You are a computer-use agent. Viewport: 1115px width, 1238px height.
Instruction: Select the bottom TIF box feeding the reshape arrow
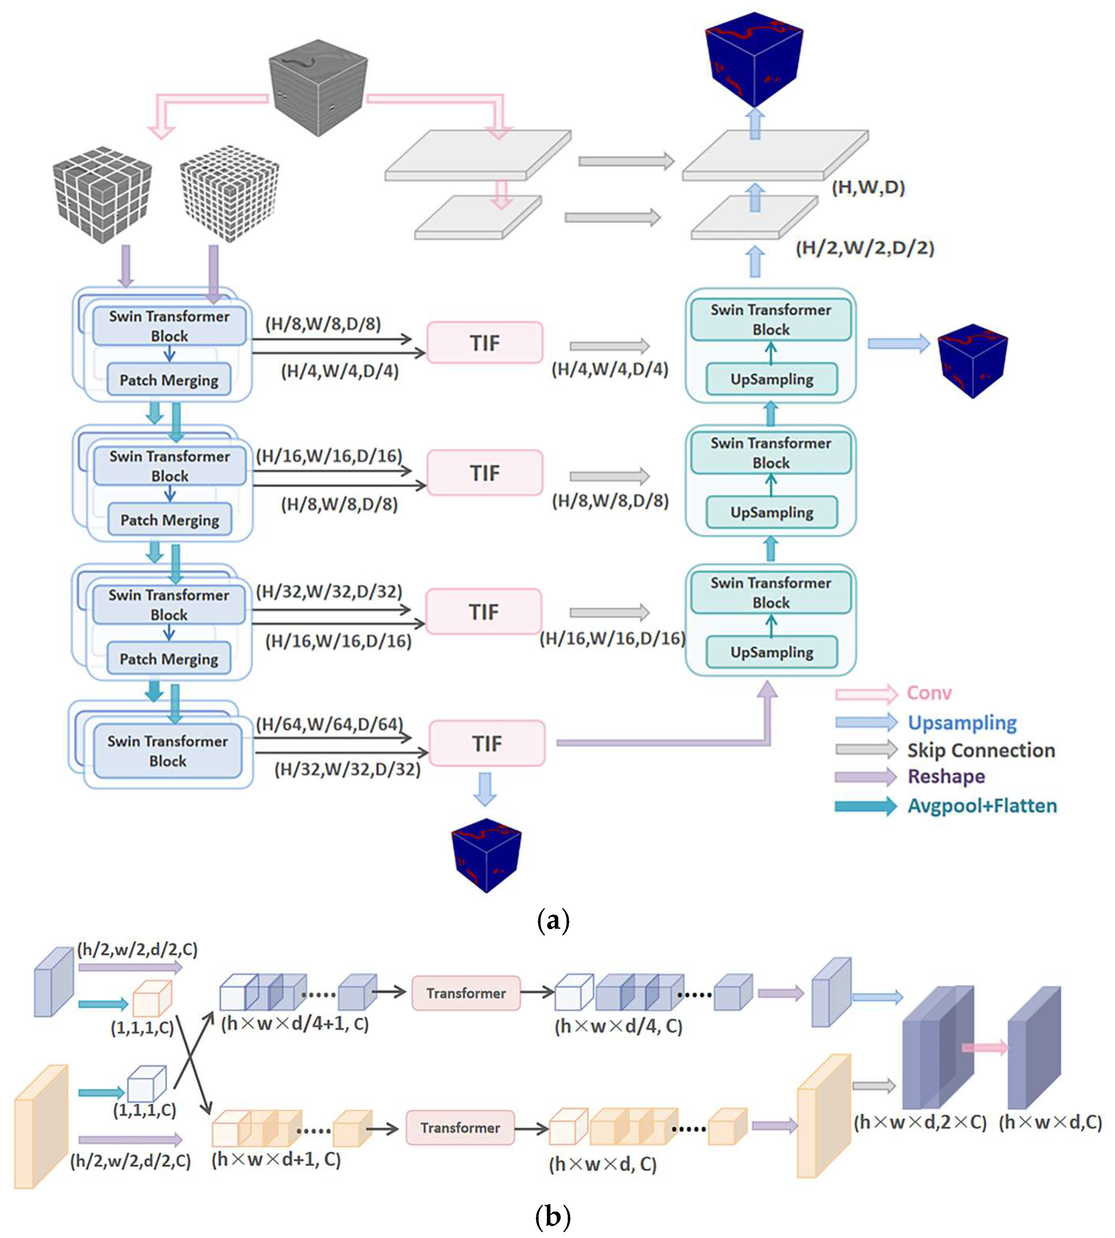pos(487,743)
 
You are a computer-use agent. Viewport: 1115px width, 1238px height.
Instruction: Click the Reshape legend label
pos(946,776)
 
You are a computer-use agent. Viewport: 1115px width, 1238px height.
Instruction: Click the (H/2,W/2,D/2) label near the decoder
pos(864,248)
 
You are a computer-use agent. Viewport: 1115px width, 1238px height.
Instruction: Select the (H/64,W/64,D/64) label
pos(329,724)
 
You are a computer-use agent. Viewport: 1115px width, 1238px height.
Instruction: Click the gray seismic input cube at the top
pos(319,92)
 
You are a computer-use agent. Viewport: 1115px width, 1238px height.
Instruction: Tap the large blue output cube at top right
pos(754,58)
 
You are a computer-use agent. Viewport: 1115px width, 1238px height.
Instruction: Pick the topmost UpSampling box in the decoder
pos(771,379)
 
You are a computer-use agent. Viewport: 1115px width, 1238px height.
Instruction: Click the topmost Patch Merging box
pos(169,380)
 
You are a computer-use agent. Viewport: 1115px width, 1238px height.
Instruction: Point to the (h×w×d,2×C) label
pos(920,1122)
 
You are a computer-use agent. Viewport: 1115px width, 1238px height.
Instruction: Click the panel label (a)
pos(553,920)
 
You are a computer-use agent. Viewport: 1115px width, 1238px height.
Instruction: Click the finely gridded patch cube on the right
pos(230,193)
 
